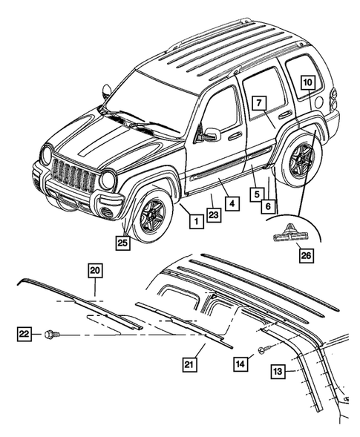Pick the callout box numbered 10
[308, 82]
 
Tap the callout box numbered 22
[25, 335]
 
